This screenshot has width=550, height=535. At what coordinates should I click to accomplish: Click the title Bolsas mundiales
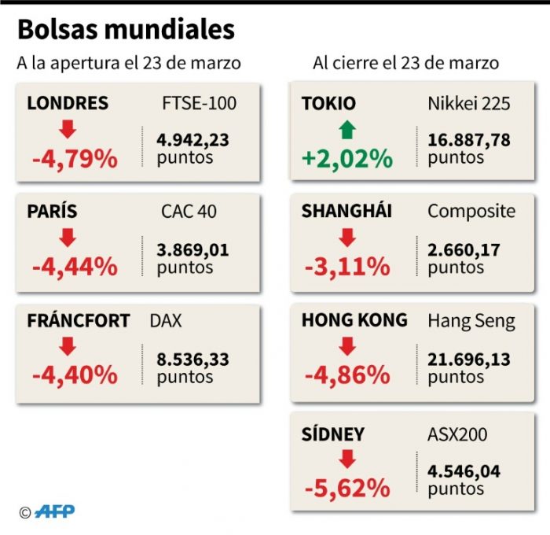coord(126,30)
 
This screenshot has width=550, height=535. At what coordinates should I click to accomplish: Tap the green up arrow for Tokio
coord(347,130)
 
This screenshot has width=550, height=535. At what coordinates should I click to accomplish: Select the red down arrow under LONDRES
coord(68,130)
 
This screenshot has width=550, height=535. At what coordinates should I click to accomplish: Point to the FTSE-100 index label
coord(199,104)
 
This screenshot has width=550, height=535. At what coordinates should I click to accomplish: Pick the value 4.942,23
coord(192,140)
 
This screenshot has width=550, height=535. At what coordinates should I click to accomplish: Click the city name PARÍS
coord(52,212)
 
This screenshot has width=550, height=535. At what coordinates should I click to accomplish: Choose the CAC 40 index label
coord(189,212)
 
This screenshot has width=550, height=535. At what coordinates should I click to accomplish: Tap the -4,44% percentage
coord(75,267)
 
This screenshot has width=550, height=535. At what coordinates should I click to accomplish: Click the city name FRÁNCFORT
coord(79,321)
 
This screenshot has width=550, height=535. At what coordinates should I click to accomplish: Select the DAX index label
coord(166,321)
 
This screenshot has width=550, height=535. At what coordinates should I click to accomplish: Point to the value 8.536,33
coord(192,360)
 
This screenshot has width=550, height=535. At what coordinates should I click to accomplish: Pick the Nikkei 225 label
coord(469,104)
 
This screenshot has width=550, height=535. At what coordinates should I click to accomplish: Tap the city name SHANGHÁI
coord(346,212)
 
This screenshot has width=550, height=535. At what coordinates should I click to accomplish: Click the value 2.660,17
coord(464,250)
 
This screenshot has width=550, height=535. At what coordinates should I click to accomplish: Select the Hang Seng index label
coord(471,321)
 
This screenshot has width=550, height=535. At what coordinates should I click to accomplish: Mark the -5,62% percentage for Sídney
coord(346,488)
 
